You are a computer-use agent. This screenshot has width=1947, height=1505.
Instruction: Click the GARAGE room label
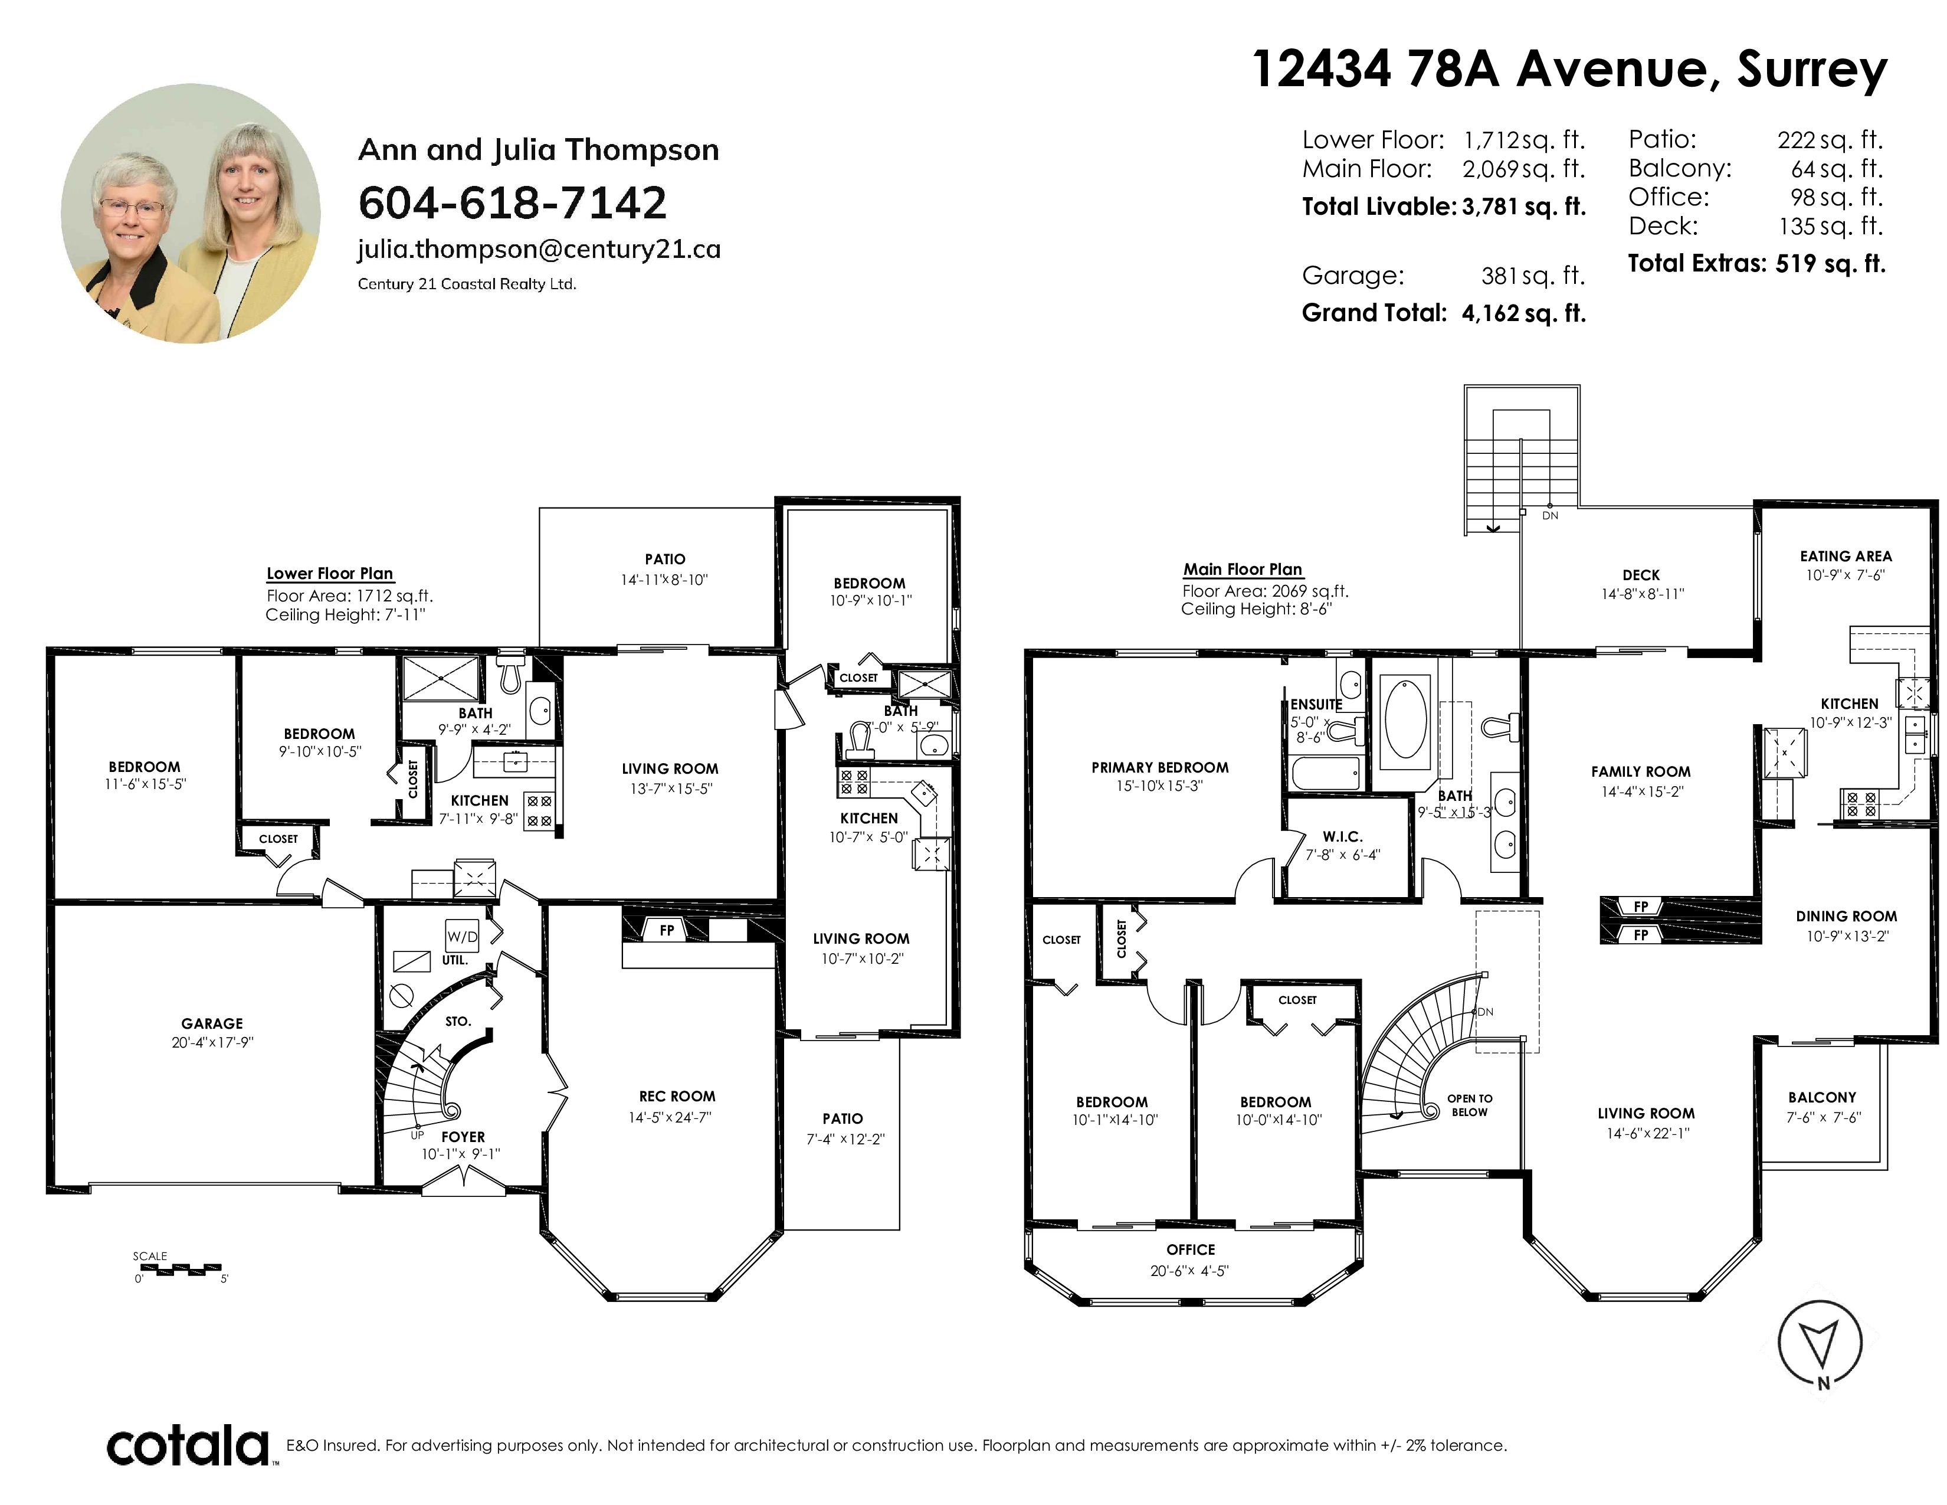212,1023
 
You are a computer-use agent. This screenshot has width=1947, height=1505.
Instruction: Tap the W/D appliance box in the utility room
463,936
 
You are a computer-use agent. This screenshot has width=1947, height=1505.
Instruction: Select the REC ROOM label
677,1097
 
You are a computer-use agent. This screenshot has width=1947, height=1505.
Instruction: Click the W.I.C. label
1343,836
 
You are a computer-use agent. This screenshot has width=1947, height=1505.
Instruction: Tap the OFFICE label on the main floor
1190,1250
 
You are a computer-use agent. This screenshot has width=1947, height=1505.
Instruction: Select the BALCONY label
1822,1098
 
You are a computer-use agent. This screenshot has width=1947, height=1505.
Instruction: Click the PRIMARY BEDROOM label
1160,768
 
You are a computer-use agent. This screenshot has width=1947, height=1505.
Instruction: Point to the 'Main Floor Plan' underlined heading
1243,569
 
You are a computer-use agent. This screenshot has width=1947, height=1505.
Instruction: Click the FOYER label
463,1137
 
